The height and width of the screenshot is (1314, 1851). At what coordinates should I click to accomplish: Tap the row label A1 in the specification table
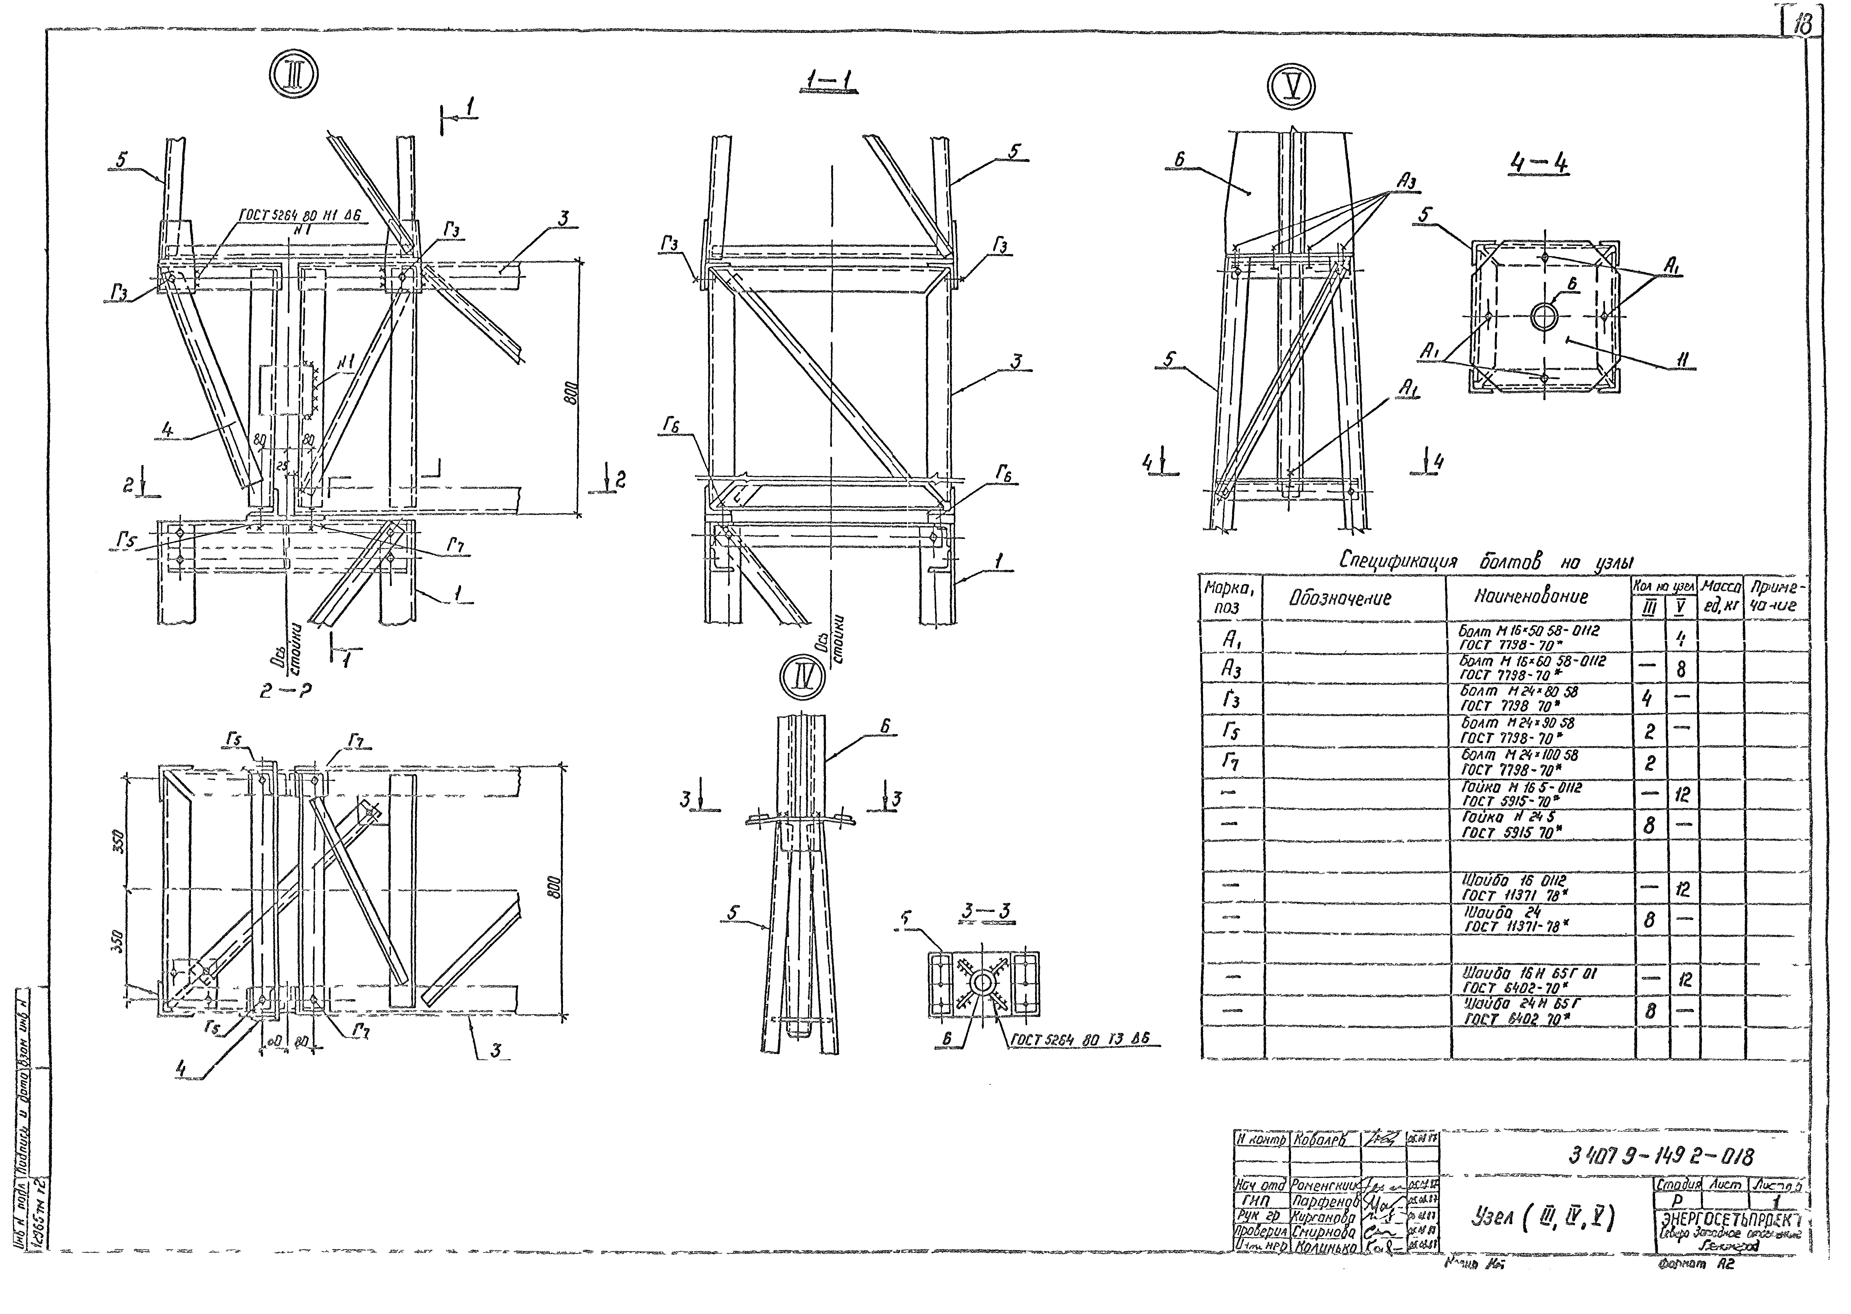pyautogui.click(x=1230, y=639)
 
